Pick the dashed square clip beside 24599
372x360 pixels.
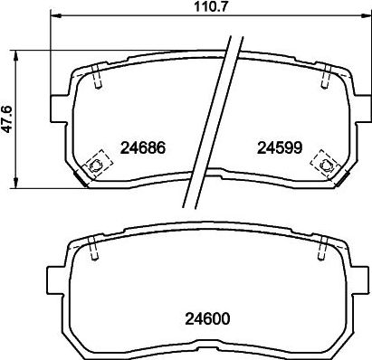[x=321, y=163]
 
